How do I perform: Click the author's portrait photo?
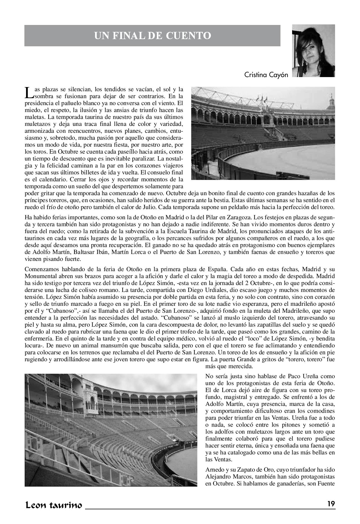pos(313,51)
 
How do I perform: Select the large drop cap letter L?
pos(29,93)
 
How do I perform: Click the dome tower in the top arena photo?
pos(331,100)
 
